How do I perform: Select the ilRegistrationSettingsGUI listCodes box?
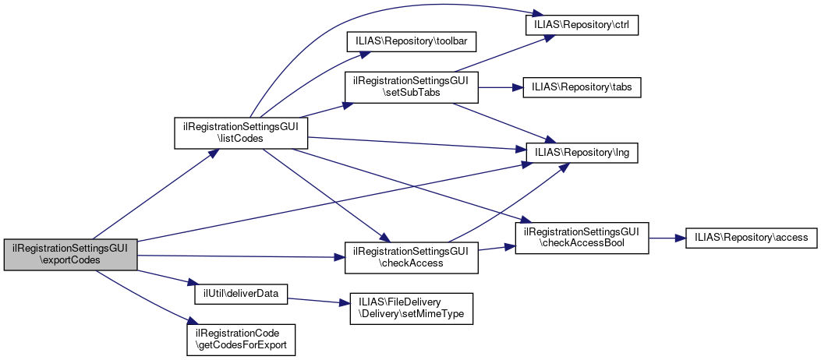tap(240, 132)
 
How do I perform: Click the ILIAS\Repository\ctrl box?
tap(582, 25)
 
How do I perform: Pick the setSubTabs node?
tap(411, 86)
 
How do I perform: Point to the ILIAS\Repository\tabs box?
tap(582, 88)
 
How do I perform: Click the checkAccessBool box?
tap(582, 238)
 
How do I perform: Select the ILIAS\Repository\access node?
tap(751, 238)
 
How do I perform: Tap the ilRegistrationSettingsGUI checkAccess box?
tap(411, 257)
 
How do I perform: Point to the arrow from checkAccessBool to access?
tap(667, 238)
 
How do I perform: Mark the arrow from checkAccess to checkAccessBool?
tap(496, 248)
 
